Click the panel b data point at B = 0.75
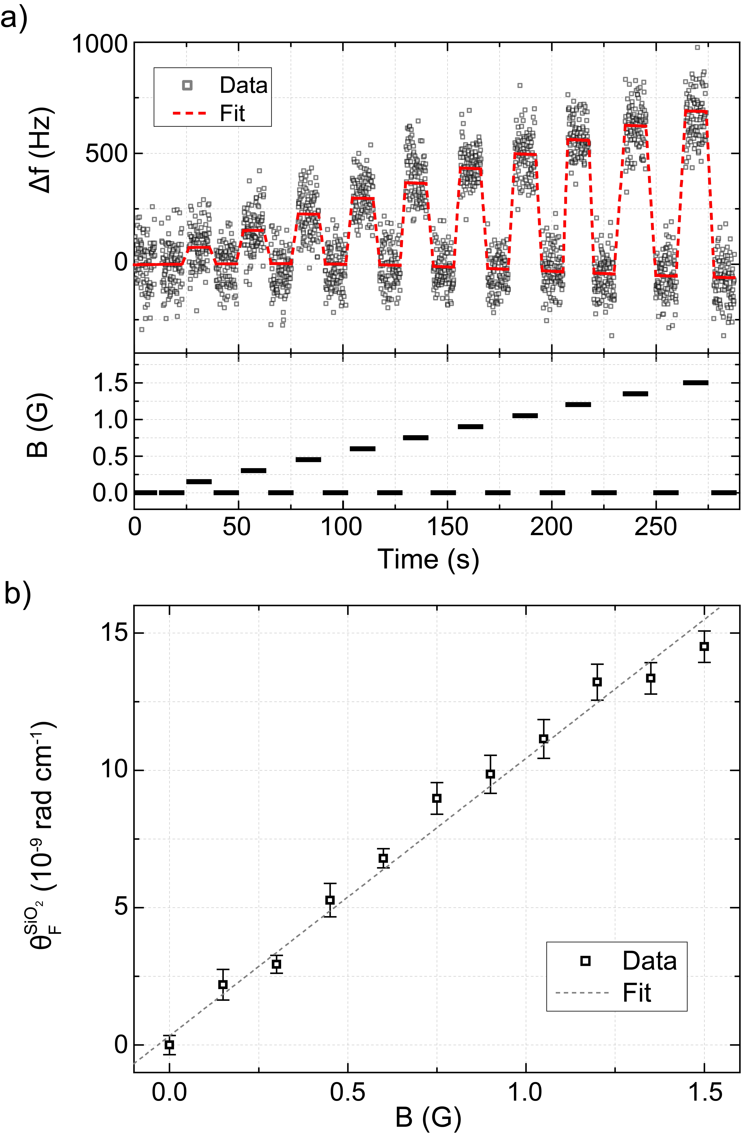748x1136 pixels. click(x=437, y=798)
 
